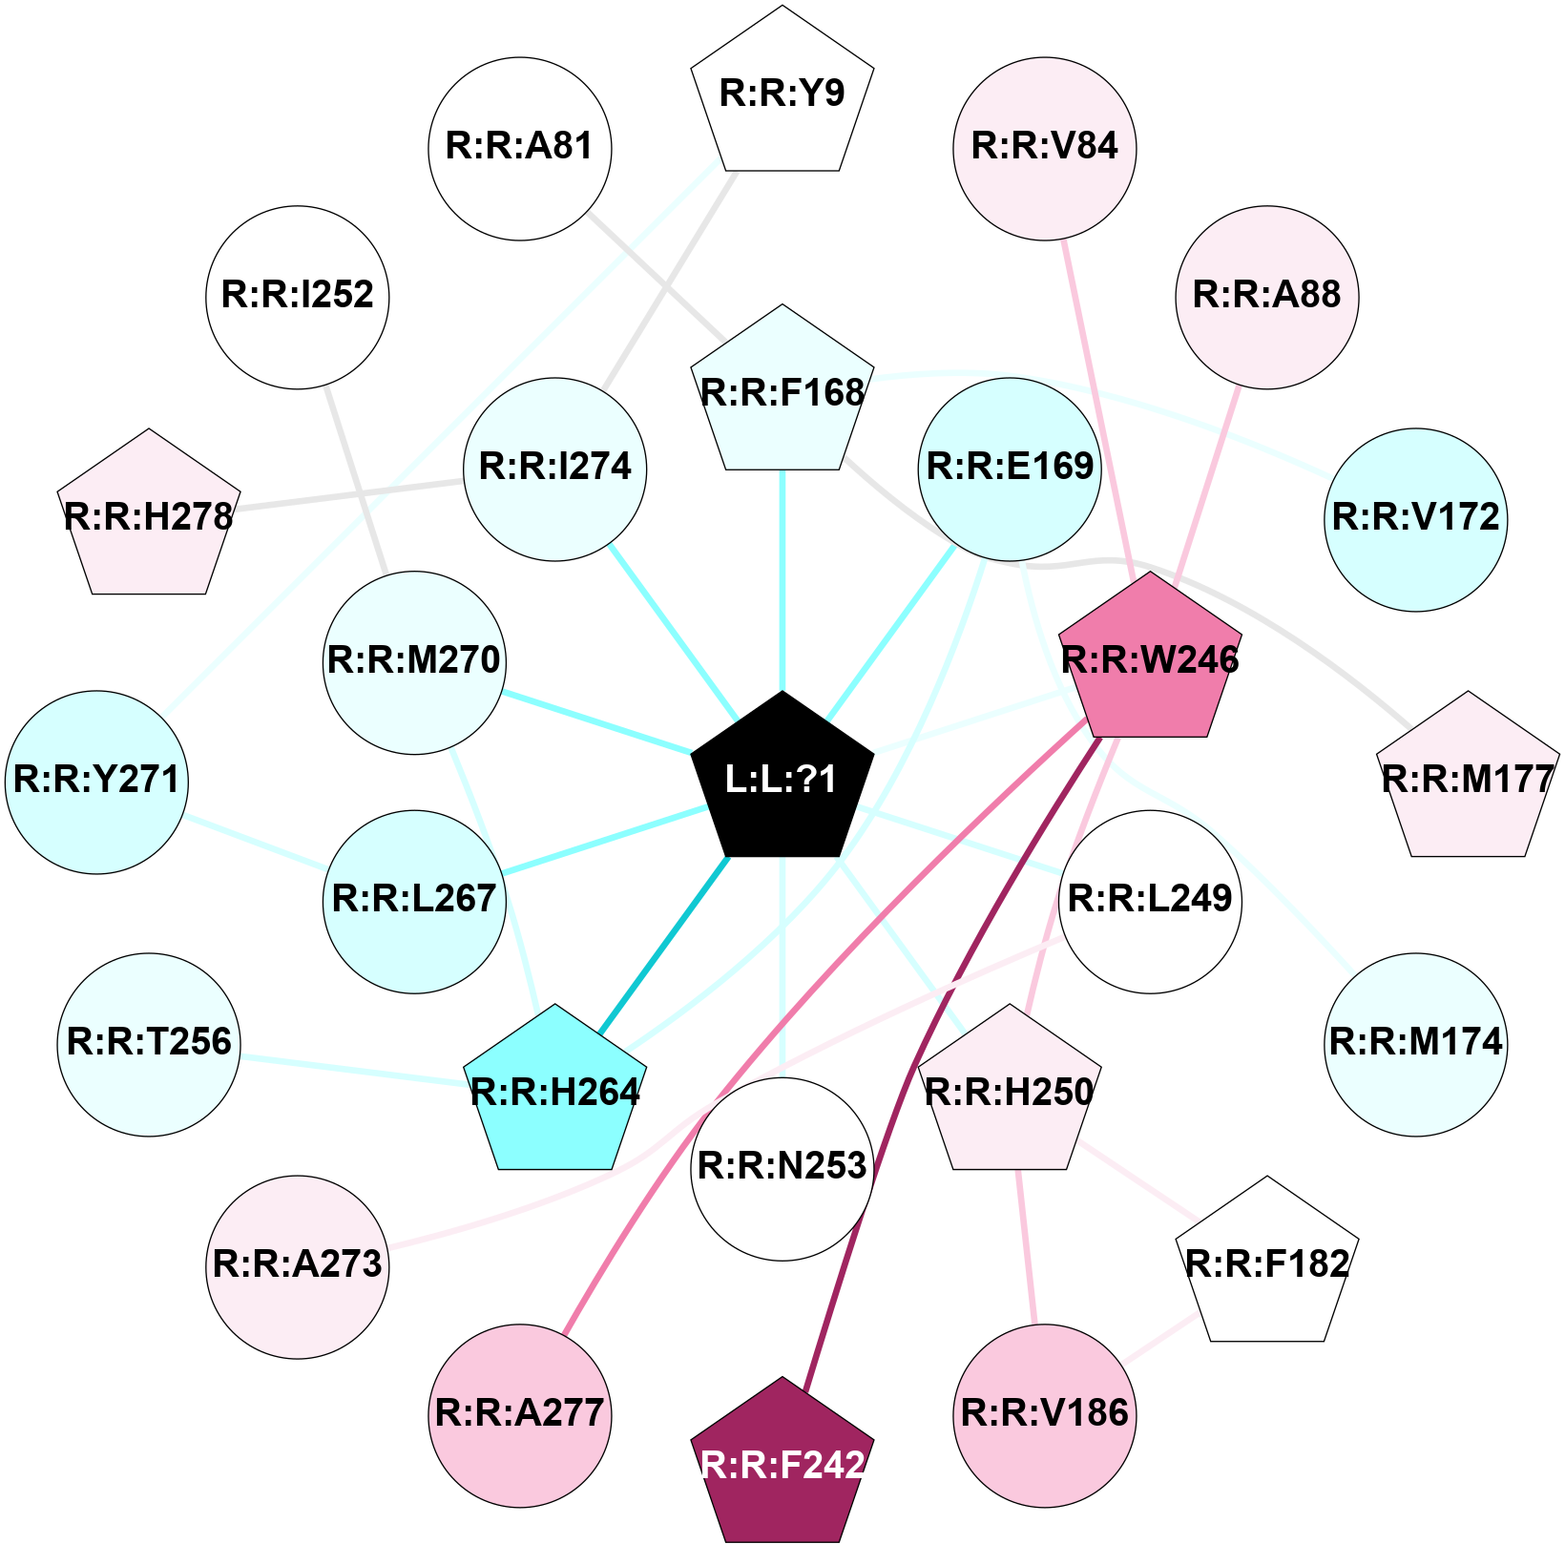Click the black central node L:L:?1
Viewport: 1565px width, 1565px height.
coord(782,780)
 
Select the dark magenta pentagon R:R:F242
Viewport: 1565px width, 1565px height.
coord(782,1464)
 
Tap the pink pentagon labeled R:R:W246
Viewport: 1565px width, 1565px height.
coord(1150,659)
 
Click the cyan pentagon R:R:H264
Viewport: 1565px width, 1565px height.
coord(554,1092)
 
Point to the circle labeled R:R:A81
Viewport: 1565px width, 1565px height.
coord(520,148)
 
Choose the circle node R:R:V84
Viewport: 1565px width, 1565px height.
coord(1044,148)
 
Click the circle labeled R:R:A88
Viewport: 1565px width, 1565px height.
coord(1267,297)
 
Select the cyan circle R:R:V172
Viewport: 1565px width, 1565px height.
coord(1416,519)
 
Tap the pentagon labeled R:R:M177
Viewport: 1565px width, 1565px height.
coord(1468,780)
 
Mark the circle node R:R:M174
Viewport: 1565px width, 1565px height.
coord(1416,1044)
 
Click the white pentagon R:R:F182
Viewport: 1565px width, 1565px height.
coord(1267,1263)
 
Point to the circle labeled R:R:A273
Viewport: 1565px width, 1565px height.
coord(298,1266)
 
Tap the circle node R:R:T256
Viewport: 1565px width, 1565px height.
coord(149,1044)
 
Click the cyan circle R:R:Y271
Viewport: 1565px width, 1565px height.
coord(96,782)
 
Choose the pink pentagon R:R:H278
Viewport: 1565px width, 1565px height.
coord(149,517)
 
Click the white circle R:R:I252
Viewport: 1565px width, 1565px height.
coord(298,297)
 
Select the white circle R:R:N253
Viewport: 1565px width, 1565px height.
coord(782,1168)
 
